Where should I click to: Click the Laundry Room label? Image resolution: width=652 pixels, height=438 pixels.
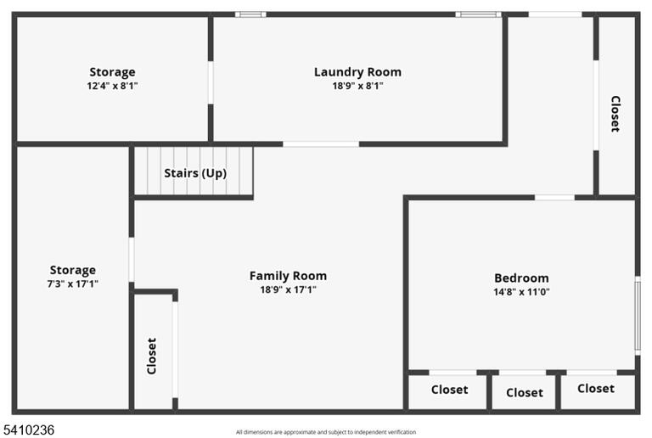357,72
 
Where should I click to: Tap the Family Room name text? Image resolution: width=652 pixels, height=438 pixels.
288,276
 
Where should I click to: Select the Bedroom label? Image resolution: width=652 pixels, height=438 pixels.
521,278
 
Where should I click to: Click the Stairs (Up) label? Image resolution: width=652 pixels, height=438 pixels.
195,173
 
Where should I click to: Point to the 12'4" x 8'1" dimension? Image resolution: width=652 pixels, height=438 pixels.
112,86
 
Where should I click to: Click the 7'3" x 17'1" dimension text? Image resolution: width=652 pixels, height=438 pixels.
73,284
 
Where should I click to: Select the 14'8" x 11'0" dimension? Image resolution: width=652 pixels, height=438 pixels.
521,292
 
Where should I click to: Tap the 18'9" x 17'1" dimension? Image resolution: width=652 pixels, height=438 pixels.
288,289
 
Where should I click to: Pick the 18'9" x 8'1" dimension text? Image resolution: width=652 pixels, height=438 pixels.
357,86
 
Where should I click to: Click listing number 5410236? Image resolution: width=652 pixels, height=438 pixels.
29,430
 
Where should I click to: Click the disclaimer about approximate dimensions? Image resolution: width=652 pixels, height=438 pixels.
326,432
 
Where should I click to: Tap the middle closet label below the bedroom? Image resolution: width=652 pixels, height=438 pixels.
525,393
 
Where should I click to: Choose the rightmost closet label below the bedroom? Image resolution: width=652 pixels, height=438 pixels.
596,389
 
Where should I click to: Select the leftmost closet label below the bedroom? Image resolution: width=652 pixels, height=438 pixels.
449,390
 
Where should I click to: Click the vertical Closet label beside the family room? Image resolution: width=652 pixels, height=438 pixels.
152,356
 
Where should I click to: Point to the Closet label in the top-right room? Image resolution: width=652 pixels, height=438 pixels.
615,114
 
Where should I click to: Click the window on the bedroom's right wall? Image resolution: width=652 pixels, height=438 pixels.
638,317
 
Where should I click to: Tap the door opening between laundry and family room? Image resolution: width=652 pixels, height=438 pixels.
321,144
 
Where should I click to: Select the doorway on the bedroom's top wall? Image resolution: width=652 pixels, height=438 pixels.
554,198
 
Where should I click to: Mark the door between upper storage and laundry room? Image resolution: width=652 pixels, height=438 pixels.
211,82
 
